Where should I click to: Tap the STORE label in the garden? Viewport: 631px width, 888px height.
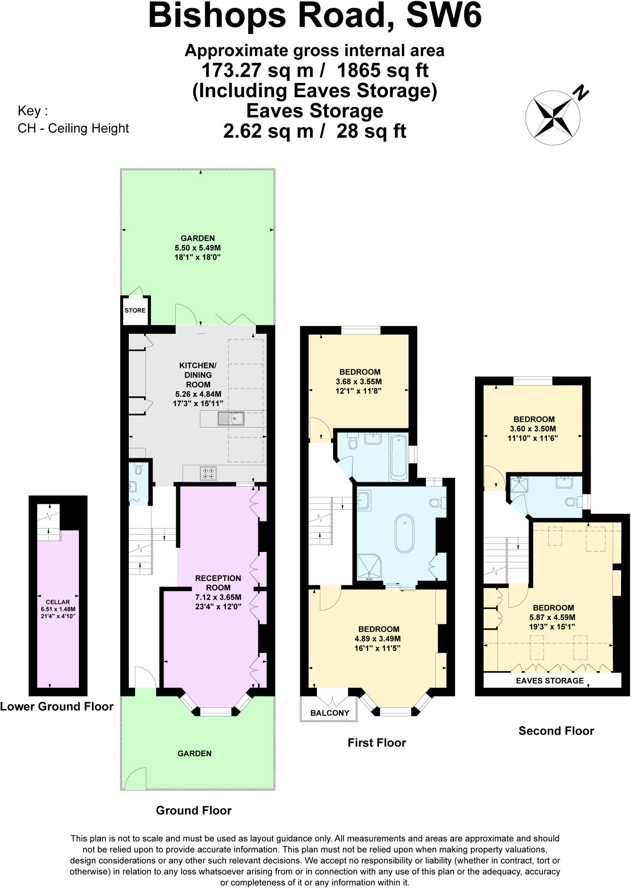coord(135,310)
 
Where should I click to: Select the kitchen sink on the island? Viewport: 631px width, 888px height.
coord(232,419)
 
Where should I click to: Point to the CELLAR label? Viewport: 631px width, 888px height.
coord(58,602)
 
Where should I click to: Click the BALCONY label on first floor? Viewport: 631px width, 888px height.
coord(330,713)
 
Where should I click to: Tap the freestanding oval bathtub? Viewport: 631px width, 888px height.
coord(404,533)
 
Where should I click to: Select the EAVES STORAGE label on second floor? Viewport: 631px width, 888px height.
coord(549,681)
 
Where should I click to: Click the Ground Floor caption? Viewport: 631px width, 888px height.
coord(193,810)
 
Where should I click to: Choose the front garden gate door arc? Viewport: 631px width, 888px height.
coord(135,779)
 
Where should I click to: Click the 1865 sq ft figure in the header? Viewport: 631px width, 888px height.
coord(383,70)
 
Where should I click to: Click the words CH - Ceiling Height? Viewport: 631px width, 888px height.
coord(73,128)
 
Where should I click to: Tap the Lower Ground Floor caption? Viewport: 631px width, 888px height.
coord(56,707)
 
